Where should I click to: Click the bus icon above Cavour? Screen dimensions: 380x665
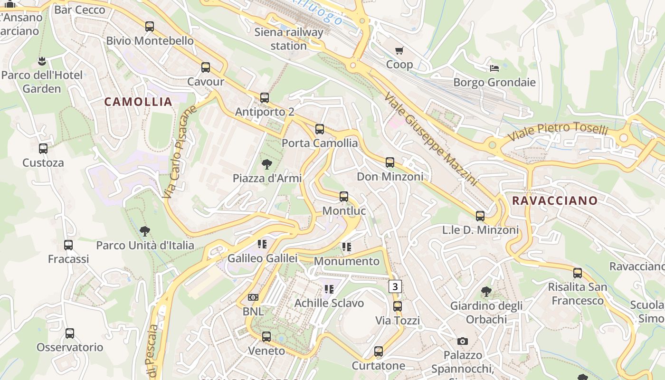tap(206, 67)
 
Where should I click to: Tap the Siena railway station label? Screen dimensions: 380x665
tap(289, 39)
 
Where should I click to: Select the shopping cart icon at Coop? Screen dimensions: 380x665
tap(399, 50)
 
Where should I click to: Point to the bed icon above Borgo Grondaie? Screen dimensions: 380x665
tap(494, 68)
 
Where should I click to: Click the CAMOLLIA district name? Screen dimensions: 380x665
tap(138, 102)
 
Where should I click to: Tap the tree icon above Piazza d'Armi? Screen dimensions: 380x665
tap(267, 164)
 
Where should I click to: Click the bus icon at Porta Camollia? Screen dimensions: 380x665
tap(320, 129)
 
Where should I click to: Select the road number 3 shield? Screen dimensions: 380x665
tap(395, 286)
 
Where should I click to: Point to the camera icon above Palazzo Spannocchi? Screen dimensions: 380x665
tap(463, 341)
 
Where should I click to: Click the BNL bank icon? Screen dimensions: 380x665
tap(253, 297)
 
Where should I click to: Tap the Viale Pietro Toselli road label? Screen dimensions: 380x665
tap(558, 132)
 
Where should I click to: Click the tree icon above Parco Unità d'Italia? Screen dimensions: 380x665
tap(145, 231)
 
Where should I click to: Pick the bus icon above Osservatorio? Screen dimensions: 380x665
tap(70, 333)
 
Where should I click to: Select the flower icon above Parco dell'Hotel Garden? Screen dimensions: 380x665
tap(42, 61)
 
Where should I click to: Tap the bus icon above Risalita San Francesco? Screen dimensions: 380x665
tap(578, 273)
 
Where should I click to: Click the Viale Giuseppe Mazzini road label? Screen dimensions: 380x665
tap(430, 139)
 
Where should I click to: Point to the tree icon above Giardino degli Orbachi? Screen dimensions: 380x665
tap(486, 292)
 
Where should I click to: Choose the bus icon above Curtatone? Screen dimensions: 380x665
tap(379, 351)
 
